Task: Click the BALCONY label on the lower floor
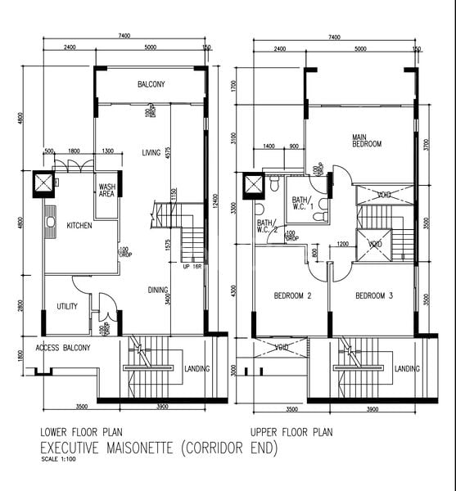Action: [x=151, y=84]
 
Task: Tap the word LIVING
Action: [x=151, y=152]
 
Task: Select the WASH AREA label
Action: [x=106, y=191]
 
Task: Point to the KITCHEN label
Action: [x=79, y=226]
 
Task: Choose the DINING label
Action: [x=158, y=289]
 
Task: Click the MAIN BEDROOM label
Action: [x=367, y=140]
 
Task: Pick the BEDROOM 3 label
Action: [x=374, y=295]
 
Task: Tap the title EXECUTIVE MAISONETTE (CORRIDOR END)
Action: [x=159, y=448]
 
